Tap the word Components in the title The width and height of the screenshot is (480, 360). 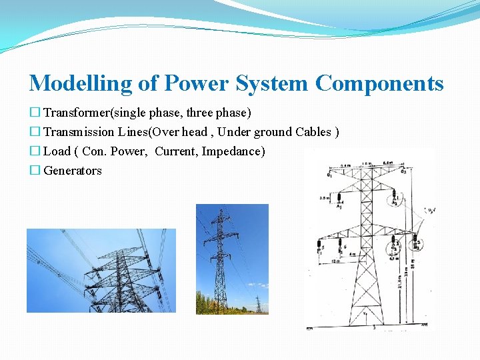point(379,83)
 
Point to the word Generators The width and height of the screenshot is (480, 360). point(73,171)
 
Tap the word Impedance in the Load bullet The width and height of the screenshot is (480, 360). point(233,151)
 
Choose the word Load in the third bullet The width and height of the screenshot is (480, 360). point(57,151)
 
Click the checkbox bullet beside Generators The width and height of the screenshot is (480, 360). point(35,171)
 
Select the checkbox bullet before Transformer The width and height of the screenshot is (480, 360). point(35,112)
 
